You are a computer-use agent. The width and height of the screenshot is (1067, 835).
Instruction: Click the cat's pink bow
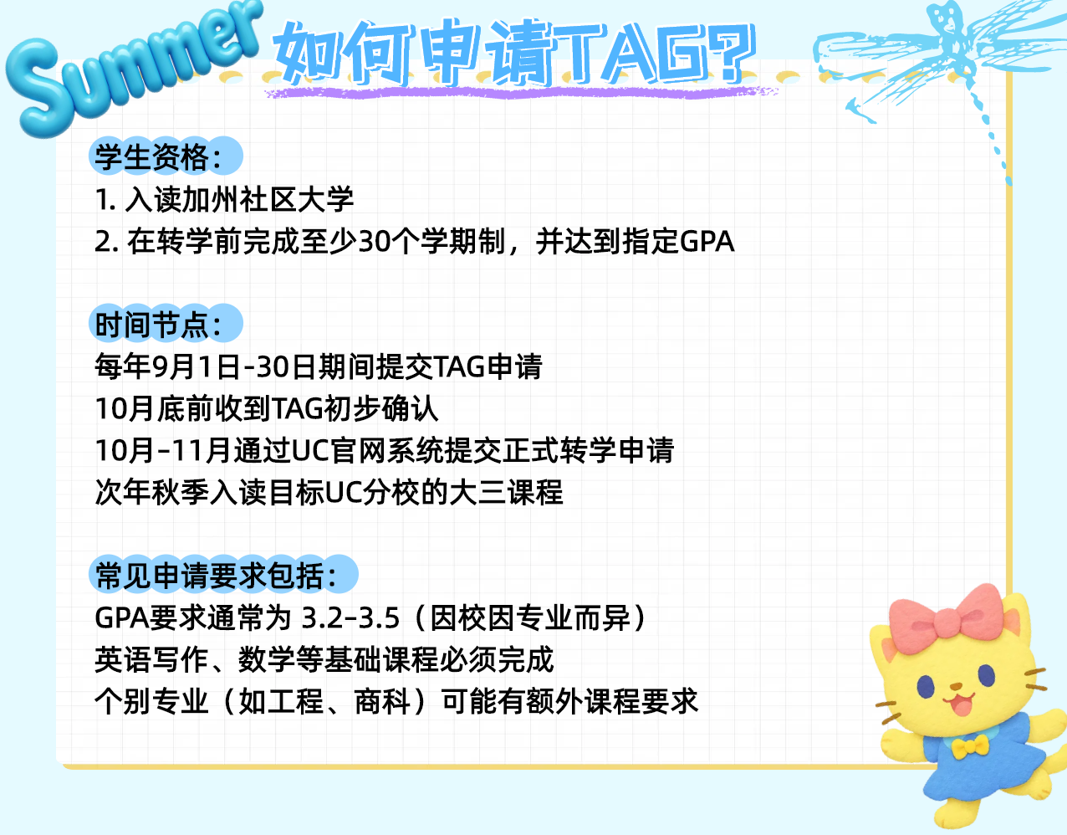945,618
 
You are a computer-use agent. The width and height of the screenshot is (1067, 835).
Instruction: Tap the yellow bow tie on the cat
970,746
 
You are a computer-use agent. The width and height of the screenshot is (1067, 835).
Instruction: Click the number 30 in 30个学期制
375,242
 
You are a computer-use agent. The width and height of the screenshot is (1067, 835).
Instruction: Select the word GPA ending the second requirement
707,242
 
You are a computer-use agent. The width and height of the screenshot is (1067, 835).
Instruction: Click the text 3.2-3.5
350,618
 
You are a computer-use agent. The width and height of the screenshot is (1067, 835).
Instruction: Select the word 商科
383,701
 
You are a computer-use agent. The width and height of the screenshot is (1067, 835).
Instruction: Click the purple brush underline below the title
520,92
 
